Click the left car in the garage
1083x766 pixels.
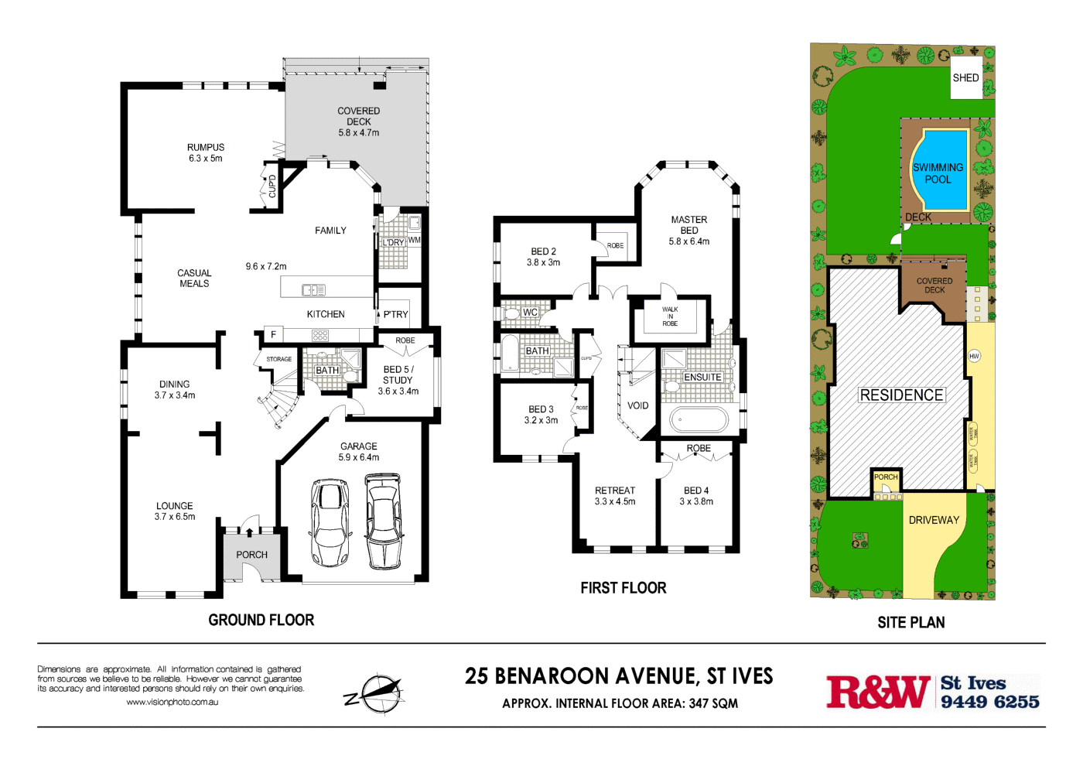click(x=330, y=522)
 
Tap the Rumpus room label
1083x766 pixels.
click(x=206, y=152)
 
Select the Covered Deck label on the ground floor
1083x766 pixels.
click(x=358, y=121)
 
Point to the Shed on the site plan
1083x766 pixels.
click(x=965, y=77)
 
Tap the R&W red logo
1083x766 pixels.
click(x=877, y=692)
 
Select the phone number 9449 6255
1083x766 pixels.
click(x=989, y=702)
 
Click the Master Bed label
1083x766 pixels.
click(x=688, y=230)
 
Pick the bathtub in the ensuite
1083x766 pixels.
click(x=699, y=420)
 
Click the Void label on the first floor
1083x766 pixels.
click(x=637, y=405)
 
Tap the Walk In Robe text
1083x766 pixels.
click(x=670, y=316)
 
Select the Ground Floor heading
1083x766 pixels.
click(x=261, y=620)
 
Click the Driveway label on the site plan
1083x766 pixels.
click(x=934, y=520)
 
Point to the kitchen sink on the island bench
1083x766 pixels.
click(x=313, y=290)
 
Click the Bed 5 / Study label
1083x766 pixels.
click(x=398, y=380)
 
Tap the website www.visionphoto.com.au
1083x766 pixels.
click(x=172, y=703)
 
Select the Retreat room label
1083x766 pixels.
click(x=615, y=496)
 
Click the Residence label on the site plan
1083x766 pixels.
click(x=901, y=395)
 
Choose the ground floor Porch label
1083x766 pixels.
click(x=251, y=555)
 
